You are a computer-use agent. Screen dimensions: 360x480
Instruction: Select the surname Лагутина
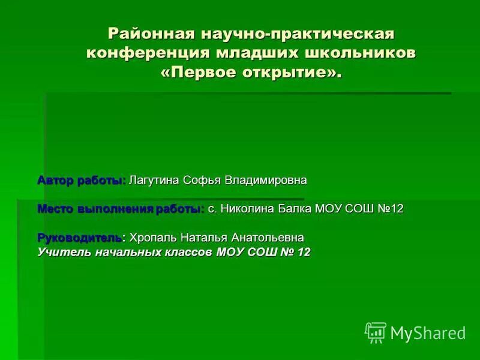click(x=154, y=180)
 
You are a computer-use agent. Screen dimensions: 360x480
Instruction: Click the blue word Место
click(x=55, y=209)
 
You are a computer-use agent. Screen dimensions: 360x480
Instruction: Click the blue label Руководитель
click(x=80, y=238)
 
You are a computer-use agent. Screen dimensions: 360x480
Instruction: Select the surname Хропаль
click(x=152, y=238)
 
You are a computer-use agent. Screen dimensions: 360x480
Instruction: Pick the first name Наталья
click(x=202, y=238)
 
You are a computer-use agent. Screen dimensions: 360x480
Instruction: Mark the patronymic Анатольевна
click(x=264, y=238)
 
